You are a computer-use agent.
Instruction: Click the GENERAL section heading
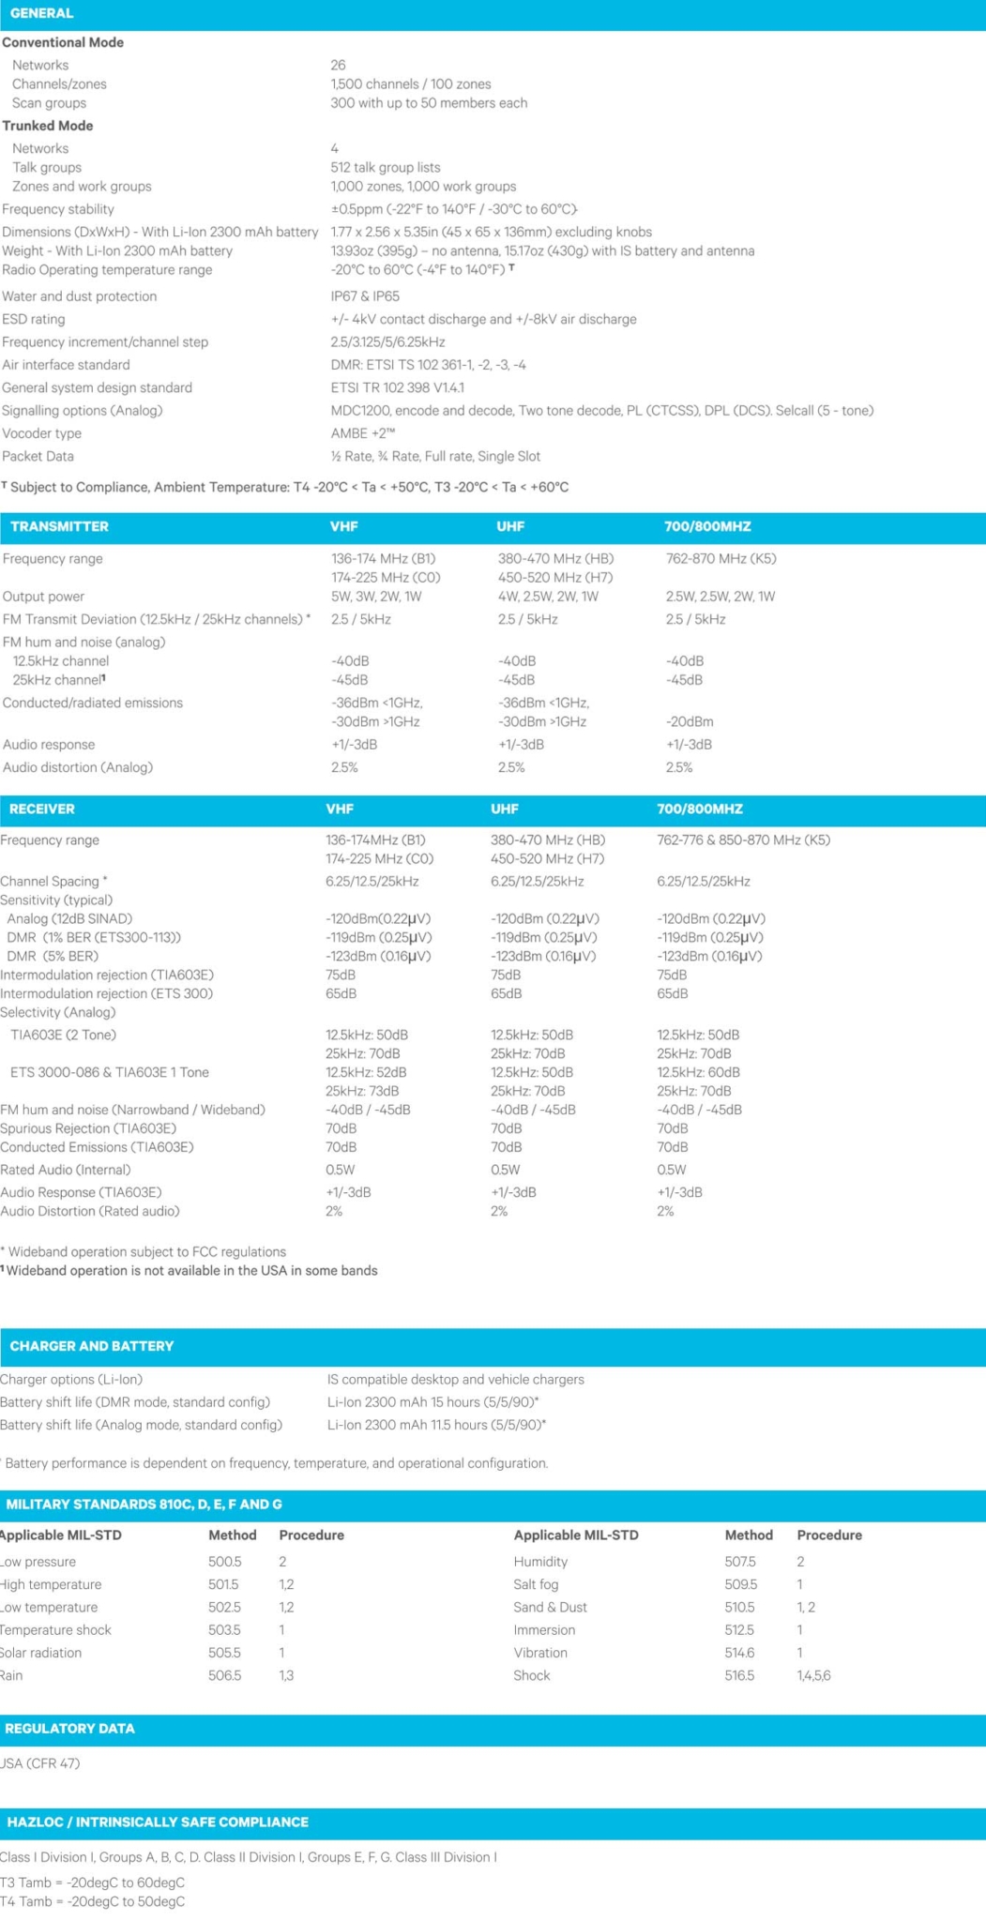pyautogui.click(x=41, y=14)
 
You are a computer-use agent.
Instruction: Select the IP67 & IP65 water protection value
pyautogui.click(x=365, y=296)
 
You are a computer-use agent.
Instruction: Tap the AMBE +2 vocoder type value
pyautogui.click(x=362, y=433)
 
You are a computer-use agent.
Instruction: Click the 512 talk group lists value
pyautogui.click(x=385, y=168)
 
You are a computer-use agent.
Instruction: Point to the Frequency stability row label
pyautogui.click(x=58, y=209)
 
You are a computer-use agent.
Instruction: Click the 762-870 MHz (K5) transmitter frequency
pyautogui.click(x=721, y=559)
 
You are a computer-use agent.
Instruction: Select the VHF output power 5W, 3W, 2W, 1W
pyautogui.click(x=376, y=597)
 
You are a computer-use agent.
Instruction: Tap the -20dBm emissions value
pyautogui.click(x=690, y=722)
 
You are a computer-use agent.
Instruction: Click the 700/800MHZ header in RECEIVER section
pyautogui.click(x=700, y=809)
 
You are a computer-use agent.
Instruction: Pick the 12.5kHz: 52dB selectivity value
pyautogui.click(x=366, y=1073)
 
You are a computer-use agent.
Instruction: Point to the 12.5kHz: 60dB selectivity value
pyautogui.click(x=698, y=1073)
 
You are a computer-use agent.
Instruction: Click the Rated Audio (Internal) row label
pyautogui.click(x=66, y=1171)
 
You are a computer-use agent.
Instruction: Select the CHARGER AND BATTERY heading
pyautogui.click(x=92, y=1347)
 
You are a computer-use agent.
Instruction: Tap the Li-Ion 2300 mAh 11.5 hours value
pyautogui.click(x=436, y=1426)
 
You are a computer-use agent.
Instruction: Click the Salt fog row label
pyautogui.click(x=536, y=1585)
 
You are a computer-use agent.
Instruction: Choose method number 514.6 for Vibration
pyautogui.click(x=739, y=1653)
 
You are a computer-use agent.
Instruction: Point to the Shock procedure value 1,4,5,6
pyautogui.click(x=813, y=1675)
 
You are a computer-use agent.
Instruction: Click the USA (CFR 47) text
pyautogui.click(x=40, y=1763)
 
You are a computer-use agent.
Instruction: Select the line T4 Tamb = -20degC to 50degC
pyautogui.click(x=92, y=1901)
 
